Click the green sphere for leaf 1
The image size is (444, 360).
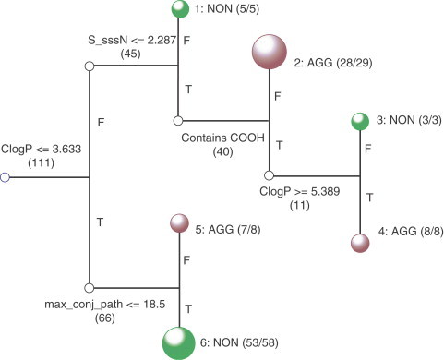pos(179,9)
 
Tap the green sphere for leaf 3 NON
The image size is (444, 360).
pos(359,122)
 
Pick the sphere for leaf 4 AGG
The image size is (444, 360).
pos(359,244)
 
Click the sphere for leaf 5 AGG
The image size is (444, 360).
pos(179,223)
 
